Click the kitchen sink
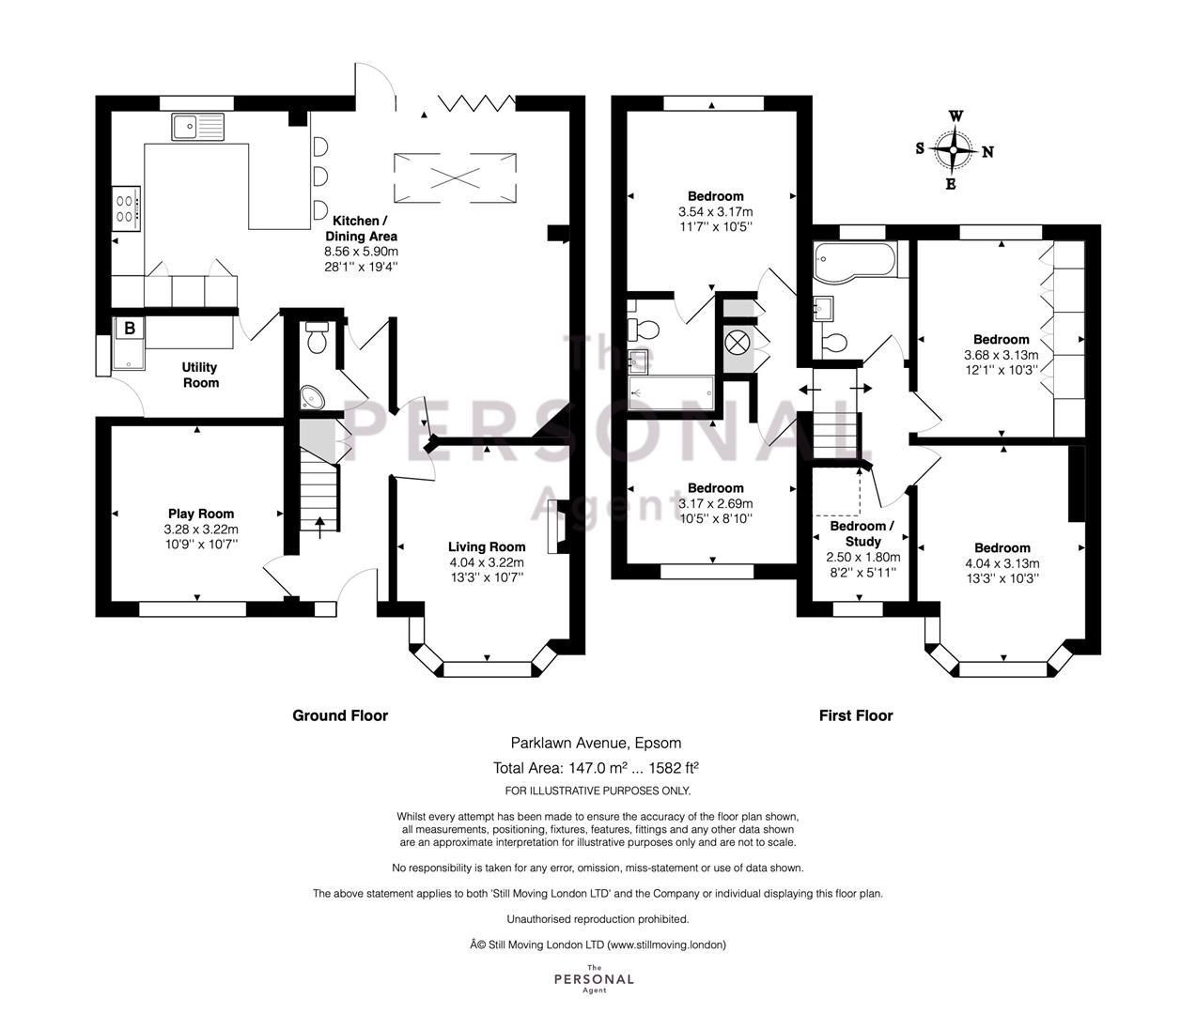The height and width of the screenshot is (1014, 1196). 198,127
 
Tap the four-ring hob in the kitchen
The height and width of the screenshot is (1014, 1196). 126,209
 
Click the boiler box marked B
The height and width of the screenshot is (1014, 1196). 130,329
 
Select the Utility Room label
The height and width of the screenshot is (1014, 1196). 200,375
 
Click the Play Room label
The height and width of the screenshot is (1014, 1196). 201,514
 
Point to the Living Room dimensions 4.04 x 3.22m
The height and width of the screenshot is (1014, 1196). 487,561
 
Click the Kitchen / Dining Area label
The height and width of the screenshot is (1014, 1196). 361,228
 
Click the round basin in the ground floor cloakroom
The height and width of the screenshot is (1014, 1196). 313,398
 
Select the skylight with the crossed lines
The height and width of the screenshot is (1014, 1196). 455,178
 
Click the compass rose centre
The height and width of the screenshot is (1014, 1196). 953,149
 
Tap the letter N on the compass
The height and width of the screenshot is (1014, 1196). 987,152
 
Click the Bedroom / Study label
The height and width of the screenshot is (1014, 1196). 862,533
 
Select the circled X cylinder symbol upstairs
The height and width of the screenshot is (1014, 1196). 738,344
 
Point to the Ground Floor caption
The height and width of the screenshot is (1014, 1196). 340,715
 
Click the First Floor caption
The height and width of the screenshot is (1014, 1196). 856,715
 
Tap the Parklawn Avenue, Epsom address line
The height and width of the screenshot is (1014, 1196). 596,743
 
